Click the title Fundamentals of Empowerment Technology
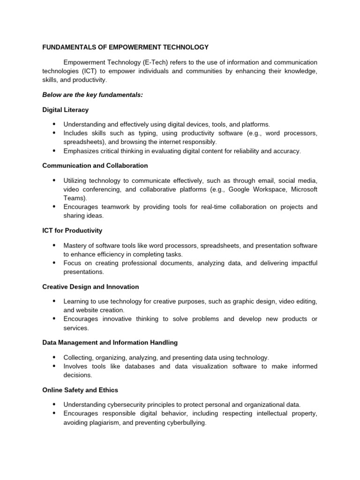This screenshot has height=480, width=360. [125, 47]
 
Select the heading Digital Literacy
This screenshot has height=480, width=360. [65, 110]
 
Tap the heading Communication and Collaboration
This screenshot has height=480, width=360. [95, 165]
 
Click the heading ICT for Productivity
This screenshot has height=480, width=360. [72, 231]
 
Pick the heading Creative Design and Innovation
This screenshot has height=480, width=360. [90, 286]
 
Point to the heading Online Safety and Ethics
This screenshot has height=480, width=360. [80, 390]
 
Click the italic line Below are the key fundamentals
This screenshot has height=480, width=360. [92, 95]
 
